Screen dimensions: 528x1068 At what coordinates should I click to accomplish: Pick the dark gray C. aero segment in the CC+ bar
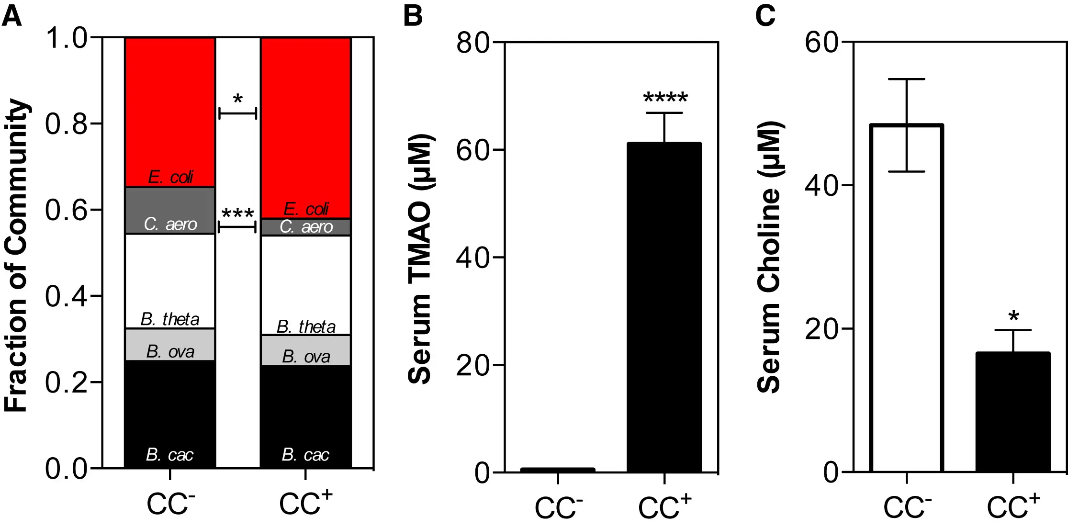[x=306, y=227]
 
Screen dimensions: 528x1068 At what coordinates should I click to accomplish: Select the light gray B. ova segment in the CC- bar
[x=170, y=345]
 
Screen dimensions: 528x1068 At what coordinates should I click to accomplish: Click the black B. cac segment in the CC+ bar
[x=306, y=416]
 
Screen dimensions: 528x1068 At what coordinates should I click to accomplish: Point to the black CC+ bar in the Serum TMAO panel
[x=664, y=306]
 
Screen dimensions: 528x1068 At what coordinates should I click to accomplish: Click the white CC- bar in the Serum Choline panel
[x=906, y=297]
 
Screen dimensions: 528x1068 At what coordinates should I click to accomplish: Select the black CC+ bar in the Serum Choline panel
[x=1013, y=412]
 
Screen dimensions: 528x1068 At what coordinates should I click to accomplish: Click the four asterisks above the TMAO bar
[x=665, y=99]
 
